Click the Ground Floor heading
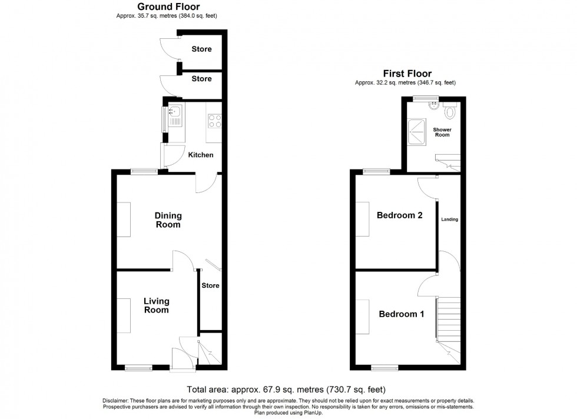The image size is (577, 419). pyautogui.click(x=168, y=7)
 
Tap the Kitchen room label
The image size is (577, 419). pyautogui.click(x=201, y=155)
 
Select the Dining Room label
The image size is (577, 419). pyautogui.click(x=168, y=220)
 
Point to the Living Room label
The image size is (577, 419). pyautogui.click(x=156, y=305)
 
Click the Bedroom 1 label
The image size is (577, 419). pyautogui.click(x=401, y=314)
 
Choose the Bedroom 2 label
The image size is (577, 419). pyautogui.click(x=399, y=215)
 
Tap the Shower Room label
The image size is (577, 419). pyautogui.click(x=442, y=132)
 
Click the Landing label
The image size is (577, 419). pyautogui.click(x=450, y=220)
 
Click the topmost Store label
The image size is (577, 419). pyautogui.click(x=201, y=49)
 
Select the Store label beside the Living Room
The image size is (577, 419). pyautogui.click(x=210, y=286)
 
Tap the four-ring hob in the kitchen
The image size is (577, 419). pyautogui.click(x=214, y=121)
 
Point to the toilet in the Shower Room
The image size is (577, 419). pyautogui.click(x=451, y=111)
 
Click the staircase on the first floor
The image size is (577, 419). pyautogui.click(x=447, y=324)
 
